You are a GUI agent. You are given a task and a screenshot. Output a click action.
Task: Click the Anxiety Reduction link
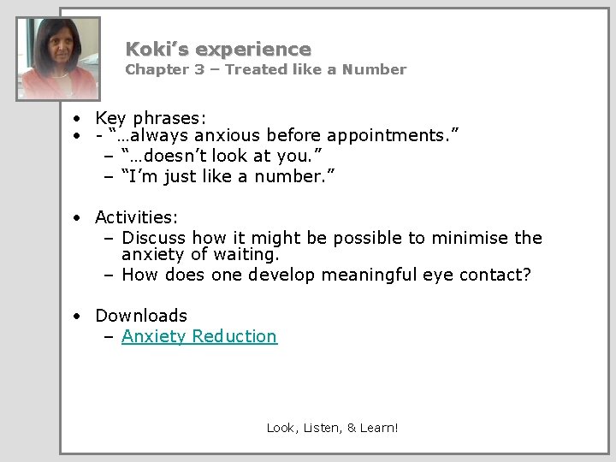(x=199, y=336)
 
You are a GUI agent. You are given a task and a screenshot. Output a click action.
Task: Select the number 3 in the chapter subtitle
(x=198, y=69)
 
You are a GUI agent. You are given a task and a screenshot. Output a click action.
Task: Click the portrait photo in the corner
(x=58, y=58)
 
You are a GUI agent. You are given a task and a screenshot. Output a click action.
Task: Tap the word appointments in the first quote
(x=388, y=135)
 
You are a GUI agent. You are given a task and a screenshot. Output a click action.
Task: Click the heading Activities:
(x=136, y=217)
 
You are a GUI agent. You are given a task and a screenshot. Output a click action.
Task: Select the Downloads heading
(x=140, y=316)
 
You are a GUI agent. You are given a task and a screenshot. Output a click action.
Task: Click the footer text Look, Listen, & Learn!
(x=332, y=427)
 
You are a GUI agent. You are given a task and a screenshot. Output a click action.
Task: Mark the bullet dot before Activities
(x=77, y=218)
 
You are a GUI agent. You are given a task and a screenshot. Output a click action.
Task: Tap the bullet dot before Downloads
(x=77, y=317)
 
